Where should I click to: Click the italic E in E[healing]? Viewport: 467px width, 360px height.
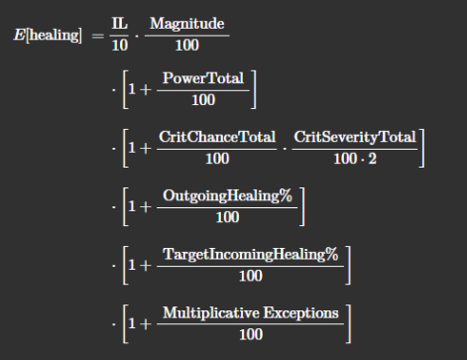point(19,35)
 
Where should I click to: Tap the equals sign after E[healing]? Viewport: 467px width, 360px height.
point(97,36)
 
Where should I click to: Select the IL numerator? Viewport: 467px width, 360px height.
point(120,24)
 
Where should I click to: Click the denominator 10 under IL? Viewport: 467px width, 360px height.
point(120,45)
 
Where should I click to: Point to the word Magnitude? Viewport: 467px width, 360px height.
point(187,25)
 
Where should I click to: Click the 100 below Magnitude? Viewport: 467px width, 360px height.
point(187,45)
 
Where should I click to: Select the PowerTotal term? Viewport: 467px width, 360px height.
point(203,78)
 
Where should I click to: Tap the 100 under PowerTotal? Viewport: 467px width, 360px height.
point(203,100)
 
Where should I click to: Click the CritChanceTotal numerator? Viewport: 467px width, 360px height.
point(217,137)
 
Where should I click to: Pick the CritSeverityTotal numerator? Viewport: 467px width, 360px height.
point(355,138)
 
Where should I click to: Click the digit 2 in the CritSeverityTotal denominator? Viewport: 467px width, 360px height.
point(373,159)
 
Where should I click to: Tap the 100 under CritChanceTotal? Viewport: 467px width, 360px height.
point(217,159)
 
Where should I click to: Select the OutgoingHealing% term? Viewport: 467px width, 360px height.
point(227,196)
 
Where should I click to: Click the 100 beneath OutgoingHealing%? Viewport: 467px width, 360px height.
point(227,217)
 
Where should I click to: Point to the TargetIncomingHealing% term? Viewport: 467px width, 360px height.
point(251,255)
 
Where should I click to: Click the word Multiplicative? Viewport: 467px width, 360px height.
point(211,313)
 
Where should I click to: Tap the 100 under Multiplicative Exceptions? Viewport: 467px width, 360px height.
point(251,334)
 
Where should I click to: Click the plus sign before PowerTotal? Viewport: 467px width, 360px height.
point(146,89)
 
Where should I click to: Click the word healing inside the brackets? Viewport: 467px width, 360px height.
point(54,35)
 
